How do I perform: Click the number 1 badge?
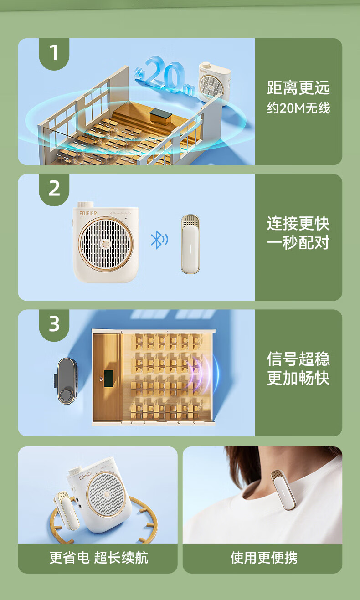54,54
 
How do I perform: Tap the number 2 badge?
54,189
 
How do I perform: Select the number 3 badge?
54,325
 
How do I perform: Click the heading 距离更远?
298,87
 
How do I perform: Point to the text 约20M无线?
298,108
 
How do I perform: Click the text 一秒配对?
298,243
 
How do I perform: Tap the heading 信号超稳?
298,359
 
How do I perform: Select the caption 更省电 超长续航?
99,558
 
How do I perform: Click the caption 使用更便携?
264,558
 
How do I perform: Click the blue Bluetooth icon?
159,240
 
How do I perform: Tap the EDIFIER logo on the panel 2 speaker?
88,214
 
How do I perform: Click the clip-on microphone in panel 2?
190,244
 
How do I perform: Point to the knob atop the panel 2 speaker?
86,205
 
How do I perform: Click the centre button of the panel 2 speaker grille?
106,244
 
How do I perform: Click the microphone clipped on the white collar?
283,490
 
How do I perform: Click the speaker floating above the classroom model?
214,82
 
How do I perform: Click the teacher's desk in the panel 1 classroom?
161,116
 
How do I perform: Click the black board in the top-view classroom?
108,378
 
